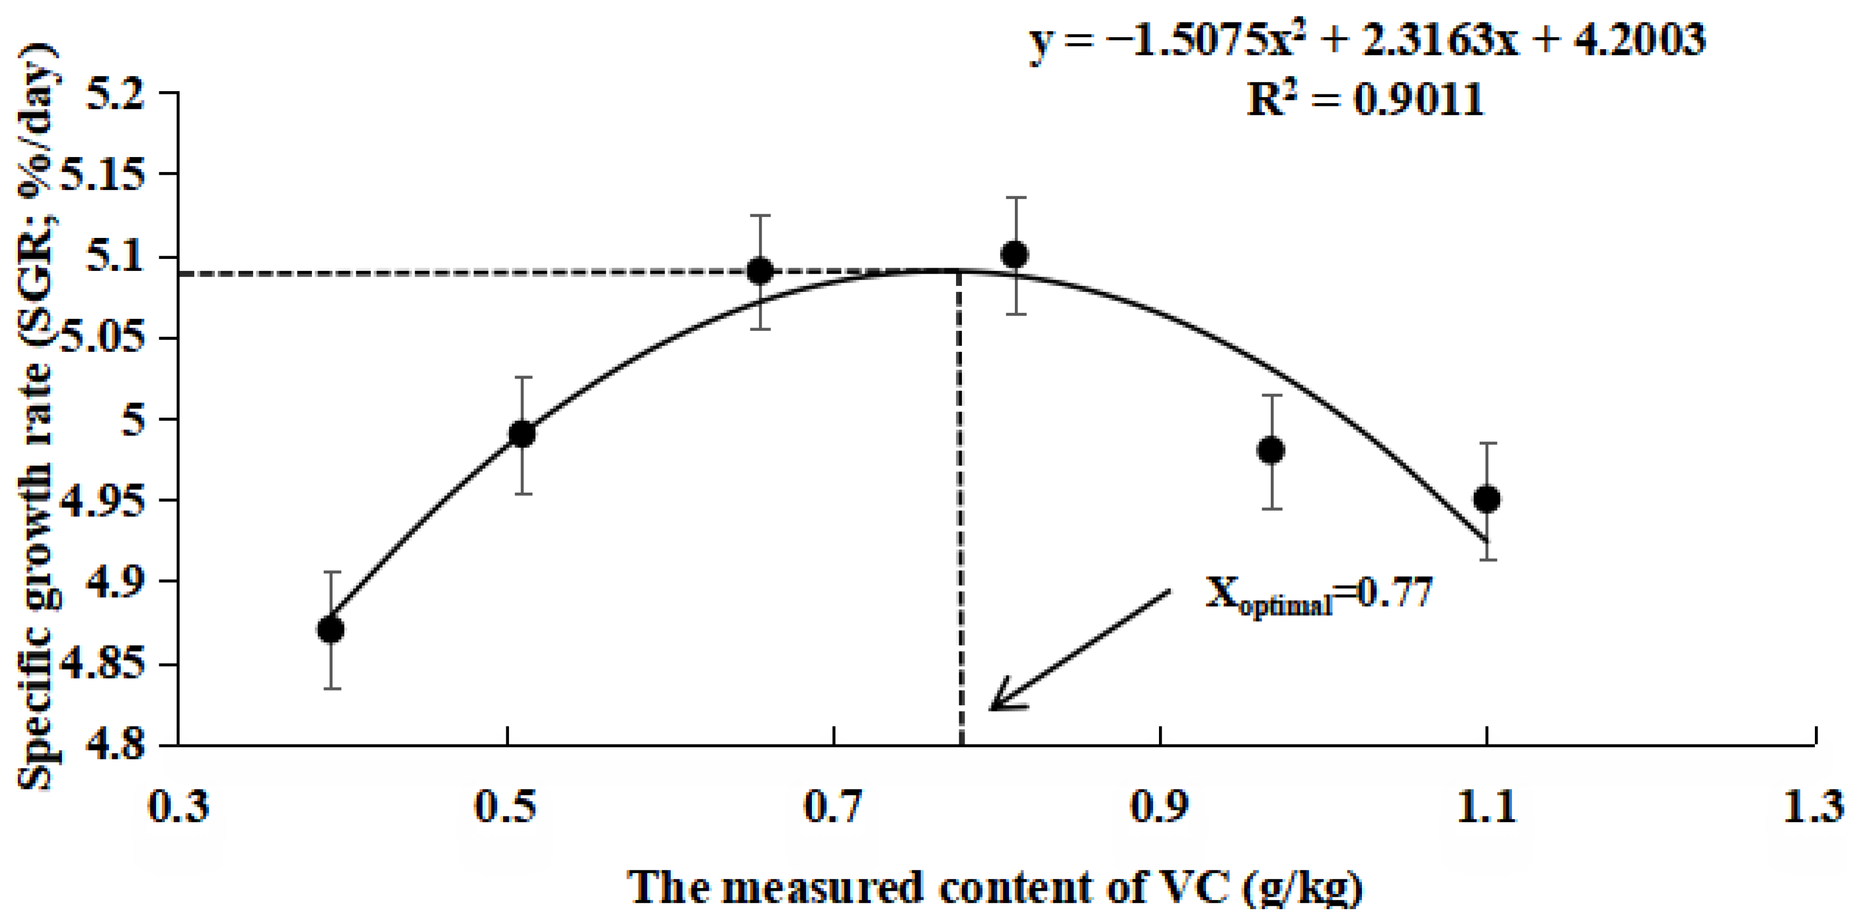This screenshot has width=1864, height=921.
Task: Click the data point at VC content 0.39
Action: (x=331, y=630)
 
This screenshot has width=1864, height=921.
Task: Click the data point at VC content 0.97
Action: (x=1271, y=451)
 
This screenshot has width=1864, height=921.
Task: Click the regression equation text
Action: (x=1367, y=40)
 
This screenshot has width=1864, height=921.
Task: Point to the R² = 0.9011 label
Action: (x=1365, y=99)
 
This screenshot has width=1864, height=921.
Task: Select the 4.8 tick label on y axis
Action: (x=116, y=745)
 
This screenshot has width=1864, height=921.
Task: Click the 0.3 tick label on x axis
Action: (x=178, y=807)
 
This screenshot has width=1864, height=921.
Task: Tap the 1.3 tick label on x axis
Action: (x=1813, y=807)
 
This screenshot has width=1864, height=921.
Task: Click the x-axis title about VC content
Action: (x=995, y=887)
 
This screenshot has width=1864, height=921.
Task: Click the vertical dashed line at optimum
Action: (x=961, y=507)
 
